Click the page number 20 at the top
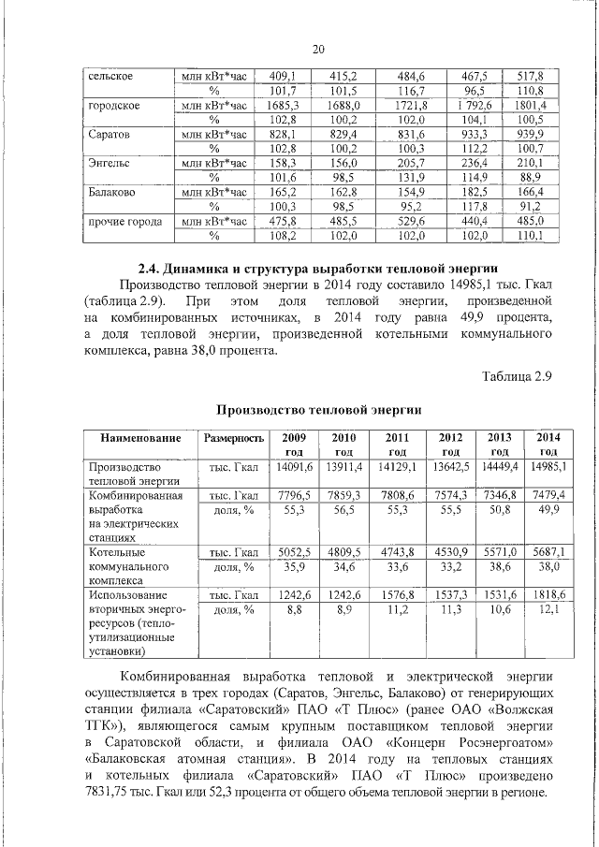click(x=318, y=50)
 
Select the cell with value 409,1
click(x=282, y=75)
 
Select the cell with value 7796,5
click(x=294, y=494)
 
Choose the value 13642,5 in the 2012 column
click(x=450, y=466)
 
